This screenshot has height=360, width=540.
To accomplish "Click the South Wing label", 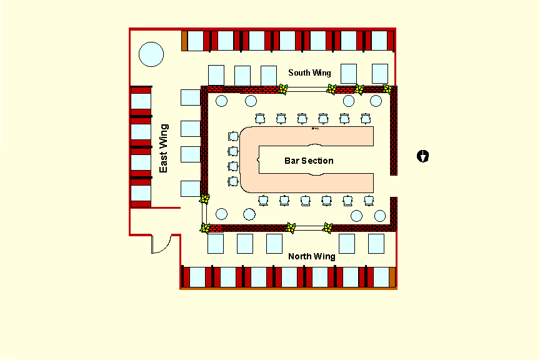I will pos(309,73).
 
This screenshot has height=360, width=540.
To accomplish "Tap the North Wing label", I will pos(311,256).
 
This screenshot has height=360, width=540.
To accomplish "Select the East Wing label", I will pos(164,148).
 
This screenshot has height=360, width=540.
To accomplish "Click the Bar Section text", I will pos(309,161).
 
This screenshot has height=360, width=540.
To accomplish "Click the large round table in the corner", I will pos(151,54).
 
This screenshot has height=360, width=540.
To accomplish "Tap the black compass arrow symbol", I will pos(423,156).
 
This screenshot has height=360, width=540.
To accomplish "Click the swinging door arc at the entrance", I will pos(161,244).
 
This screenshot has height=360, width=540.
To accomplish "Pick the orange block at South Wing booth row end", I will pos(184,41).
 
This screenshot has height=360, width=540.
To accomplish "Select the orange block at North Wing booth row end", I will pos(392,277).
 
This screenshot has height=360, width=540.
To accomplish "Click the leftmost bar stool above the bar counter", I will pos(261,119).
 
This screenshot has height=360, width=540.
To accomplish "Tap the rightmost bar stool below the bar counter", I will pos(369,200).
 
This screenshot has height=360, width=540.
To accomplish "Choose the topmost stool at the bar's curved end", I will pos(233,136).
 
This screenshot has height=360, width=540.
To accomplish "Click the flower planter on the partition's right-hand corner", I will pos(387,89).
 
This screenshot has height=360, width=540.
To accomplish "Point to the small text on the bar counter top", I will pos(315,129).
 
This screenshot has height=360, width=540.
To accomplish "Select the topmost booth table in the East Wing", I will pos(141,101).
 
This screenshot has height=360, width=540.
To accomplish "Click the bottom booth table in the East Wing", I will pos(141,192).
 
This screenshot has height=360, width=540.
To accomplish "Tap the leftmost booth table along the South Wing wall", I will pos(196,41).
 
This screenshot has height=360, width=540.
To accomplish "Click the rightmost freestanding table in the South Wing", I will pos(380,73).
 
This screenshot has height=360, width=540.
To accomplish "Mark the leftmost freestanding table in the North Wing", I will pos(216,243).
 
